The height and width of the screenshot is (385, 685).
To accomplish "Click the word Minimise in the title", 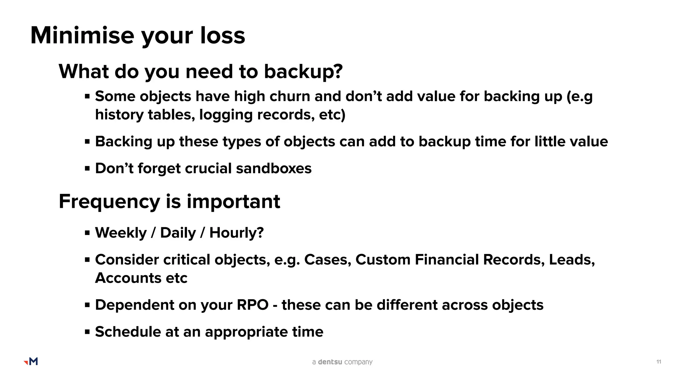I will pos(82,35).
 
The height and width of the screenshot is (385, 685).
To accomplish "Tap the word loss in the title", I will pos(223,35).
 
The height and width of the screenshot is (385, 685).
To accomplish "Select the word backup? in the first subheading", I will pos(303,72).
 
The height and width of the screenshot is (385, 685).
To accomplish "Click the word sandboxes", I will pos(274,168).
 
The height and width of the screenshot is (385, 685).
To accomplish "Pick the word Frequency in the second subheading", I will pos(109,202).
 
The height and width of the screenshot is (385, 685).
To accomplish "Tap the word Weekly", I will pos(121,233).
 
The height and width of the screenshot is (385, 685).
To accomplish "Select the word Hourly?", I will pos(236,233).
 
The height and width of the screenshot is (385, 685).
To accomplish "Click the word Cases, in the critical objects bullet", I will pos(327,260).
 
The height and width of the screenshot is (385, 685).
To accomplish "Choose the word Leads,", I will pos(572,260).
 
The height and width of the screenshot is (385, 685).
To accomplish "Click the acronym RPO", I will pos(253,305).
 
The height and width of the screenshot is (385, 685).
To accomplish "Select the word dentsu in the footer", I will pos(330,362).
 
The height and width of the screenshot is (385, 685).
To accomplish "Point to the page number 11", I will pos(659,362).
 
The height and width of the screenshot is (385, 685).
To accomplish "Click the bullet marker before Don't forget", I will pos(87,168).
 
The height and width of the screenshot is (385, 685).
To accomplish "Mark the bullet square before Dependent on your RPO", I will pos(87,305).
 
